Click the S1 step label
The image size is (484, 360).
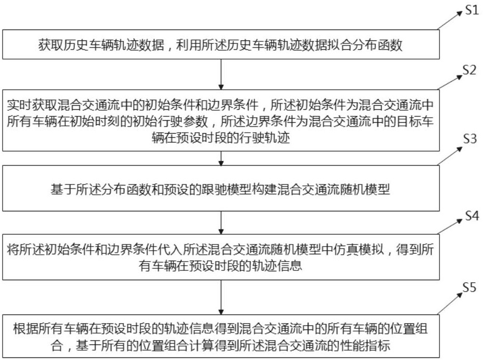pos(471,11)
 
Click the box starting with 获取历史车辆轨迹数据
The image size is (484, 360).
pos(221,45)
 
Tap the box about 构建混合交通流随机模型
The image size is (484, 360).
pos(221,190)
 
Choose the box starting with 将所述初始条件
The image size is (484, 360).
pos(221,257)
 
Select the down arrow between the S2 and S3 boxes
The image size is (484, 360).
pos(221,157)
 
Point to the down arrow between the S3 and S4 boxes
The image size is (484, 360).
pos(221,221)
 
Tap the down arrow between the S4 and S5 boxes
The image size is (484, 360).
pos(221,295)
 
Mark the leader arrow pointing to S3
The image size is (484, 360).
pos(449,155)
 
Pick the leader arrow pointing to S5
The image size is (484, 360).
pos(449,304)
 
